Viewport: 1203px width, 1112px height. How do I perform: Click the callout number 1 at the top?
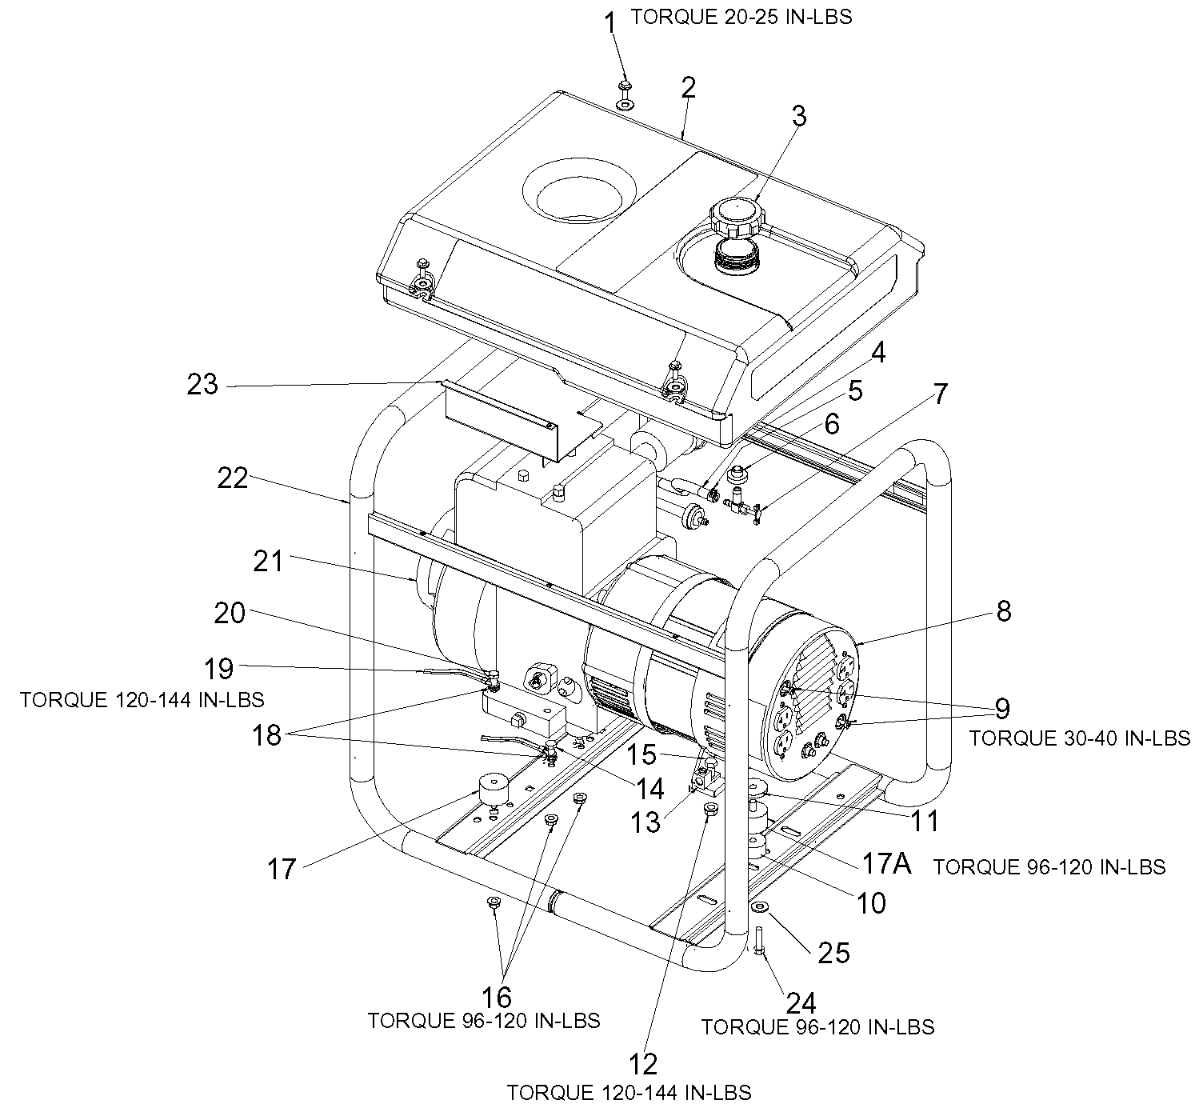(610, 24)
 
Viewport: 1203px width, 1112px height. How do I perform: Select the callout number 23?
(202, 384)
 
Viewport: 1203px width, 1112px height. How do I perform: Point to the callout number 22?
(233, 478)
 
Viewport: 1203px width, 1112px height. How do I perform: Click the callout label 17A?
(886, 863)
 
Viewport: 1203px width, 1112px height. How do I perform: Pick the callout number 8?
(1004, 611)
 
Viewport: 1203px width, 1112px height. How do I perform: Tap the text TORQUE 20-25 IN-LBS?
(741, 17)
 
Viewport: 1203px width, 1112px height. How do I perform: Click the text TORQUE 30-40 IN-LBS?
(1080, 738)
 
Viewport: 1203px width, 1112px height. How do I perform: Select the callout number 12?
(642, 1064)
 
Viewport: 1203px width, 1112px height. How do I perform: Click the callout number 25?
(833, 953)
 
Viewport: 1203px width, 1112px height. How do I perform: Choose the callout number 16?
(496, 998)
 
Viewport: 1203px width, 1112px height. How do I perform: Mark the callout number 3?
(799, 116)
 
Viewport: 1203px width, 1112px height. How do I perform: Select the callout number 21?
(268, 561)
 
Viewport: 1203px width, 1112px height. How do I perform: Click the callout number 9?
(1002, 708)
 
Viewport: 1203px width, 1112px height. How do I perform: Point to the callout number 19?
(218, 669)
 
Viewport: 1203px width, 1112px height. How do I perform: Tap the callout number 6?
(832, 424)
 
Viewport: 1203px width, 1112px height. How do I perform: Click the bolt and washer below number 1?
(625, 94)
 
